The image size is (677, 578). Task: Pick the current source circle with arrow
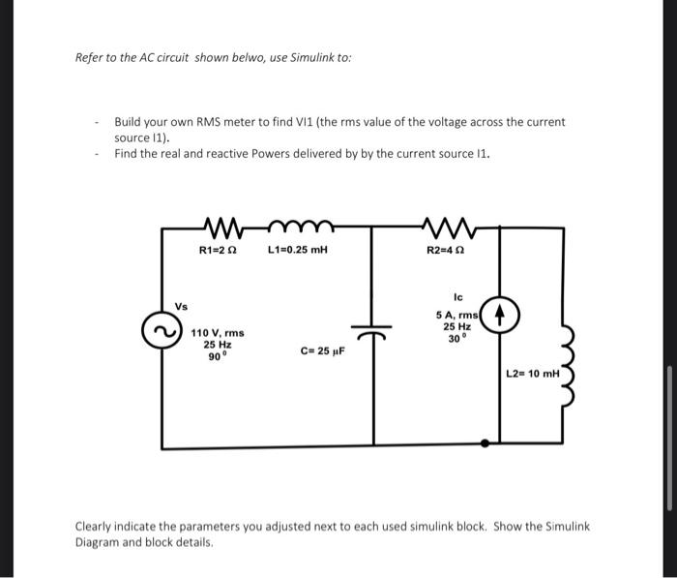[x=500, y=316]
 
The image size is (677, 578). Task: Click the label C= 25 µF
[x=323, y=352]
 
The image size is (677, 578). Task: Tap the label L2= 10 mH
[x=532, y=373]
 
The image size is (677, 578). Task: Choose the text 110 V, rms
[x=218, y=332]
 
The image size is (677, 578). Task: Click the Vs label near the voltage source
[x=181, y=307]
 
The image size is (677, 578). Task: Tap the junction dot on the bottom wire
[x=485, y=442]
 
